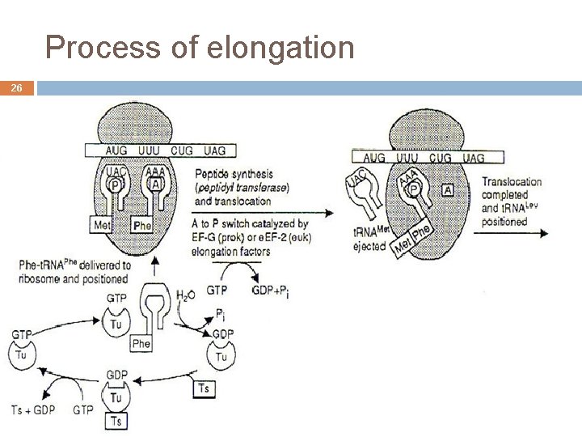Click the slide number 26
17,88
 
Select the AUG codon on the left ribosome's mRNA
118,151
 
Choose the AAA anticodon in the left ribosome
156,171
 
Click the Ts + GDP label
33,409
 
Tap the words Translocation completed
512,189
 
